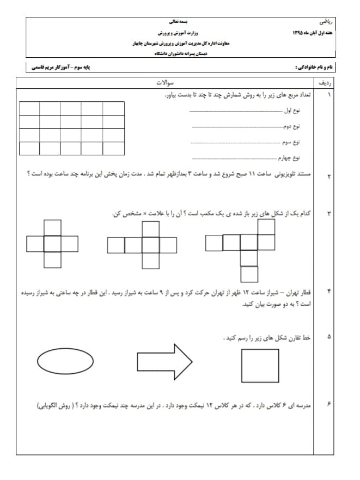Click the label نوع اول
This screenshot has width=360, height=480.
pyautogui.click(x=292, y=111)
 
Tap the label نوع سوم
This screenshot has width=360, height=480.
pyautogui.click(x=291, y=143)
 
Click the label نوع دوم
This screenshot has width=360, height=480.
pyautogui.click(x=291, y=127)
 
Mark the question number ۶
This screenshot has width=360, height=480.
pyautogui.click(x=328, y=404)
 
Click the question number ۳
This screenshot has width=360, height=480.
pyautogui.click(x=328, y=213)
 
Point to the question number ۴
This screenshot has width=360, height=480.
pyautogui.click(x=328, y=291)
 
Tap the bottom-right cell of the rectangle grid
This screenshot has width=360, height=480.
pyautogui.click(x=113, y=148)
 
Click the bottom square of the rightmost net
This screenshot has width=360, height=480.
pyautogui.click(x=249, y=274)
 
